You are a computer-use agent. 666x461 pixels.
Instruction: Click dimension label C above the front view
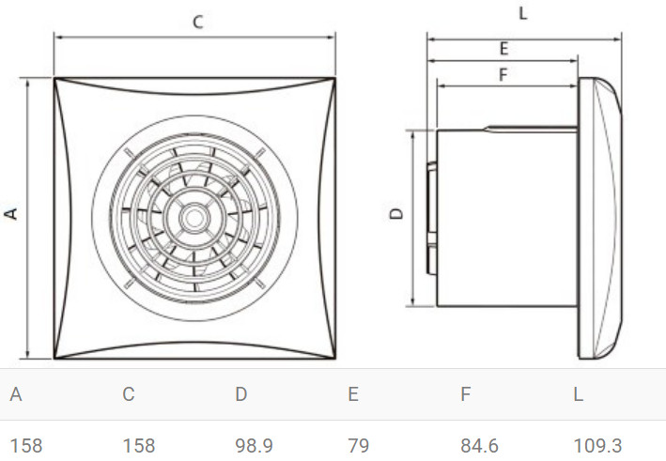(x=197, y=23)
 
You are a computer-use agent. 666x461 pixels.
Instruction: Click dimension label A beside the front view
(x=12, y=214)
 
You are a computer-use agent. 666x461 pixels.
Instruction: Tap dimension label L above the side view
(x=522, y=14)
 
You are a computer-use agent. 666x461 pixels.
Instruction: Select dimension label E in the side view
(x=503, y=49)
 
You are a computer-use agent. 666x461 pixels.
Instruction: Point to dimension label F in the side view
(x=503, y=75)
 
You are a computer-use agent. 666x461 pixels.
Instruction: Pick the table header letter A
(x=16, y=394)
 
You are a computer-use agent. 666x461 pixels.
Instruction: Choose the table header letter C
(x=129, y=394)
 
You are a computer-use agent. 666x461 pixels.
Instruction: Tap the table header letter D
(x=241, y=394)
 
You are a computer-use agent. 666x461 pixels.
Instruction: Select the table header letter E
(x=353, y=394)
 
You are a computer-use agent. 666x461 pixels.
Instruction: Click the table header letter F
(x=465, y=394)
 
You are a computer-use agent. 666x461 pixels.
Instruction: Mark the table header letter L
(x=578, y=394)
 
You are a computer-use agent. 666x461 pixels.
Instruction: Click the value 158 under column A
(x=26, y=445)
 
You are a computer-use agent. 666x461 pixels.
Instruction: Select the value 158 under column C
(x=139, y=445)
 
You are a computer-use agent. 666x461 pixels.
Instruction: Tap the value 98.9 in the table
(x=254, y=445)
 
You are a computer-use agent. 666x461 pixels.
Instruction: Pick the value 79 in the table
(x=358, y=445)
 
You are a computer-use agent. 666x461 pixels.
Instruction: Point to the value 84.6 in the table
(x=479, y=445)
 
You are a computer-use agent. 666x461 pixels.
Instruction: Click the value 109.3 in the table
(x=597, y=445)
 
